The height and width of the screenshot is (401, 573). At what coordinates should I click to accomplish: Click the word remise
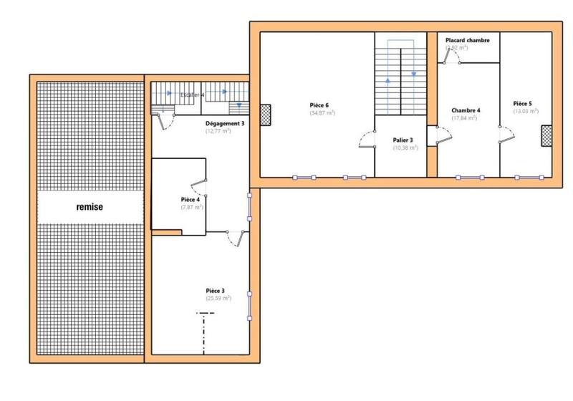(90, 207)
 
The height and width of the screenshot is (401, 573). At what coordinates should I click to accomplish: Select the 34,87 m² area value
(322, 113)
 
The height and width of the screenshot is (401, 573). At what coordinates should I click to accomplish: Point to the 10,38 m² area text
(405, 148)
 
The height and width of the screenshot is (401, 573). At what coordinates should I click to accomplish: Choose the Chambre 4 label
(466, 110)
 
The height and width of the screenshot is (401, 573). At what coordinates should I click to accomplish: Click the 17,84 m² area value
(466, 118)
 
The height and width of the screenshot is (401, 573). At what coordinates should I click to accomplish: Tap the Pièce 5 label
(522, 103)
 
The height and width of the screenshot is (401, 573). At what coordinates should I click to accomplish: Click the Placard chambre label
(467, 41)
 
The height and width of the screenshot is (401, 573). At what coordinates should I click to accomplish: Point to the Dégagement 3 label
(224, 123)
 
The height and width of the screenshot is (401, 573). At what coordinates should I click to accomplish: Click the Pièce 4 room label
(190, 200)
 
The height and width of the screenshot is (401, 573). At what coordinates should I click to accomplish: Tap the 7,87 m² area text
(192, 207)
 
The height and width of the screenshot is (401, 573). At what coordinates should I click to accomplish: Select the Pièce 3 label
(216, 290)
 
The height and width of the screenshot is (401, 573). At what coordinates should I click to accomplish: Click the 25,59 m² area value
(218, 298)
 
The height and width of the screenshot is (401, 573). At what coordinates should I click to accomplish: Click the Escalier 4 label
(191, 94)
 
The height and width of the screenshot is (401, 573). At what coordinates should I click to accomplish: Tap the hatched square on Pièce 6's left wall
(266, 114)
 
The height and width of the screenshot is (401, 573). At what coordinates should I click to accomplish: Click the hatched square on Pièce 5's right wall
(547, 135)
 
